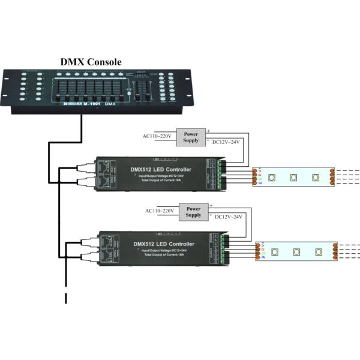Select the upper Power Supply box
coord(190,136)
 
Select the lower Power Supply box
coord(193,211)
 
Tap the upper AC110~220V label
coord(157,136)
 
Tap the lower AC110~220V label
coord(160,211)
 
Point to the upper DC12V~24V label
coord(227,142)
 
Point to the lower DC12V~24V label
coord(230,217)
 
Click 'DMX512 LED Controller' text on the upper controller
coord(161,170)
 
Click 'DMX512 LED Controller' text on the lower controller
coord(164,244)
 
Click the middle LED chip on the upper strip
coord(293,178)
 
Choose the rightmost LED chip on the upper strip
coord(316,178)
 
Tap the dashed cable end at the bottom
coord(66,298)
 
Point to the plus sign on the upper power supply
coord(208,130)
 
